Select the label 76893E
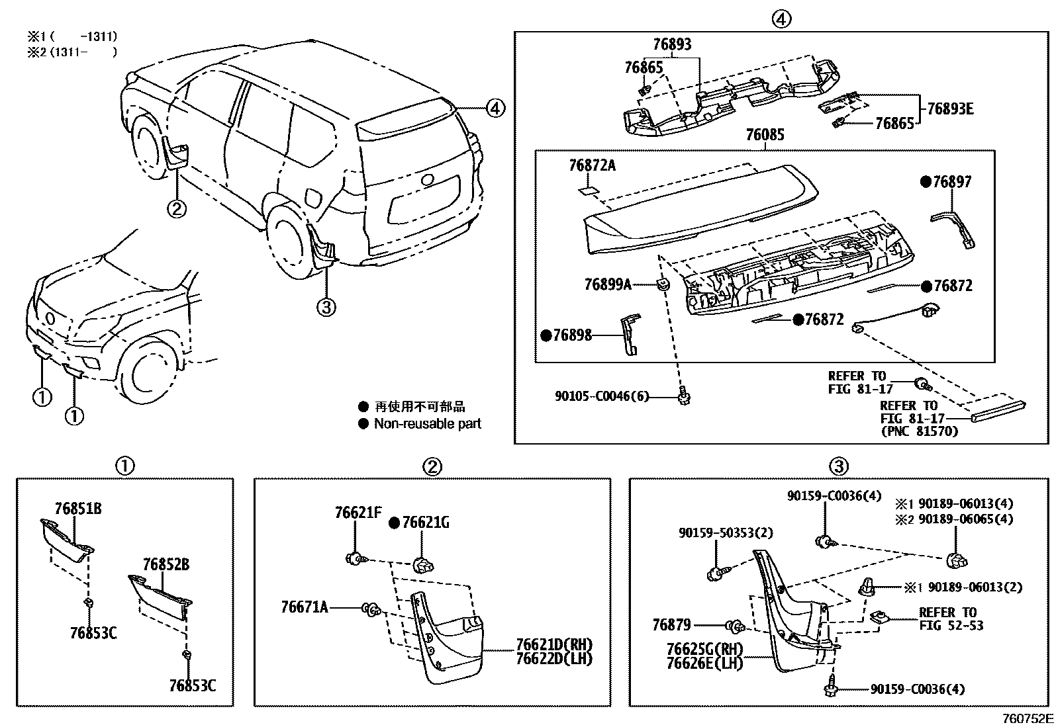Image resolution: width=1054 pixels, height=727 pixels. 950,109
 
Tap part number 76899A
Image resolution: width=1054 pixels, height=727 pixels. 607,284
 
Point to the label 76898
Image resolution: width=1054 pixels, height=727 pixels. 572,335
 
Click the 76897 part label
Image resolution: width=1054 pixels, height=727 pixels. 951,181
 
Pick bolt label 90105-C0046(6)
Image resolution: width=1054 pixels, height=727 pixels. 601,396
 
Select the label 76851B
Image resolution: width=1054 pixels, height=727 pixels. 78,508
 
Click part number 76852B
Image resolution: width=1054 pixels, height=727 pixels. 166,564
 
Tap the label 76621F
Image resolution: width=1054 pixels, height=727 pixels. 358,512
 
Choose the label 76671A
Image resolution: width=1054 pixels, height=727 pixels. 305,607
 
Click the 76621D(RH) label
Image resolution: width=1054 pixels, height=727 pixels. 554,645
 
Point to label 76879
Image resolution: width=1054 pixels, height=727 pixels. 671,624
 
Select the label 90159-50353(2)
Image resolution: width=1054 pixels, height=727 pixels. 725,533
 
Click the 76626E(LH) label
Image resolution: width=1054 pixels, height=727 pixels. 704,663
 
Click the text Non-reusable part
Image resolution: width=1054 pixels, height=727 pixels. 427,423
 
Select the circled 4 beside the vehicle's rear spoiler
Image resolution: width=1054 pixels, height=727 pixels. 495,107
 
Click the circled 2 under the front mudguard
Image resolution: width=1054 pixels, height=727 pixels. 176,209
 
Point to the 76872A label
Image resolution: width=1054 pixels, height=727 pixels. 591,165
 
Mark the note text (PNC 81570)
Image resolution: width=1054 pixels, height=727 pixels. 919,431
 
